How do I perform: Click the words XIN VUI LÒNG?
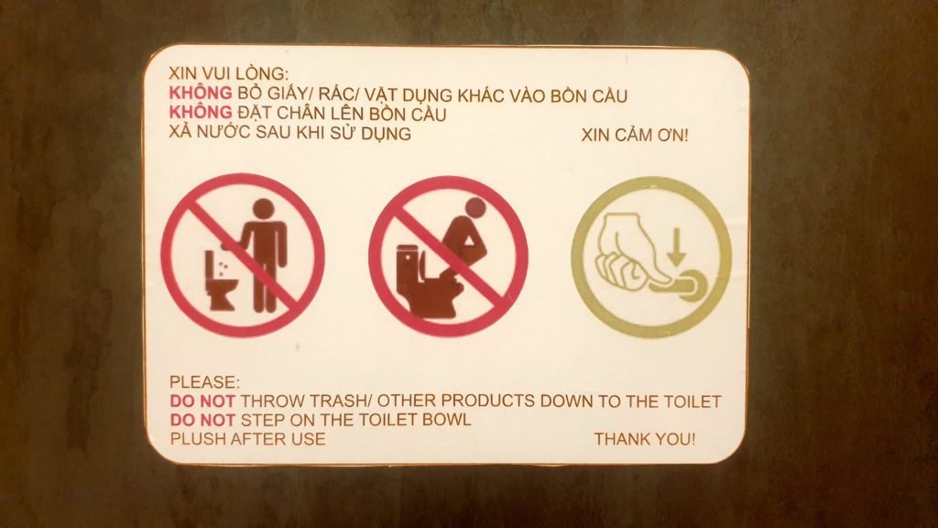pos(228,73)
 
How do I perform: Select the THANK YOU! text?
pos(645,439)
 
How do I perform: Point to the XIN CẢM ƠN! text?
pos(635,136)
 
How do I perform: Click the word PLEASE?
pos(204,382)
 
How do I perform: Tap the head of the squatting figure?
pos(476,208)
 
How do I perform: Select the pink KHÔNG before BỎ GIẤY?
pos(201,93)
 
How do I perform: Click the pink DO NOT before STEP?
pos(202,420)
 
